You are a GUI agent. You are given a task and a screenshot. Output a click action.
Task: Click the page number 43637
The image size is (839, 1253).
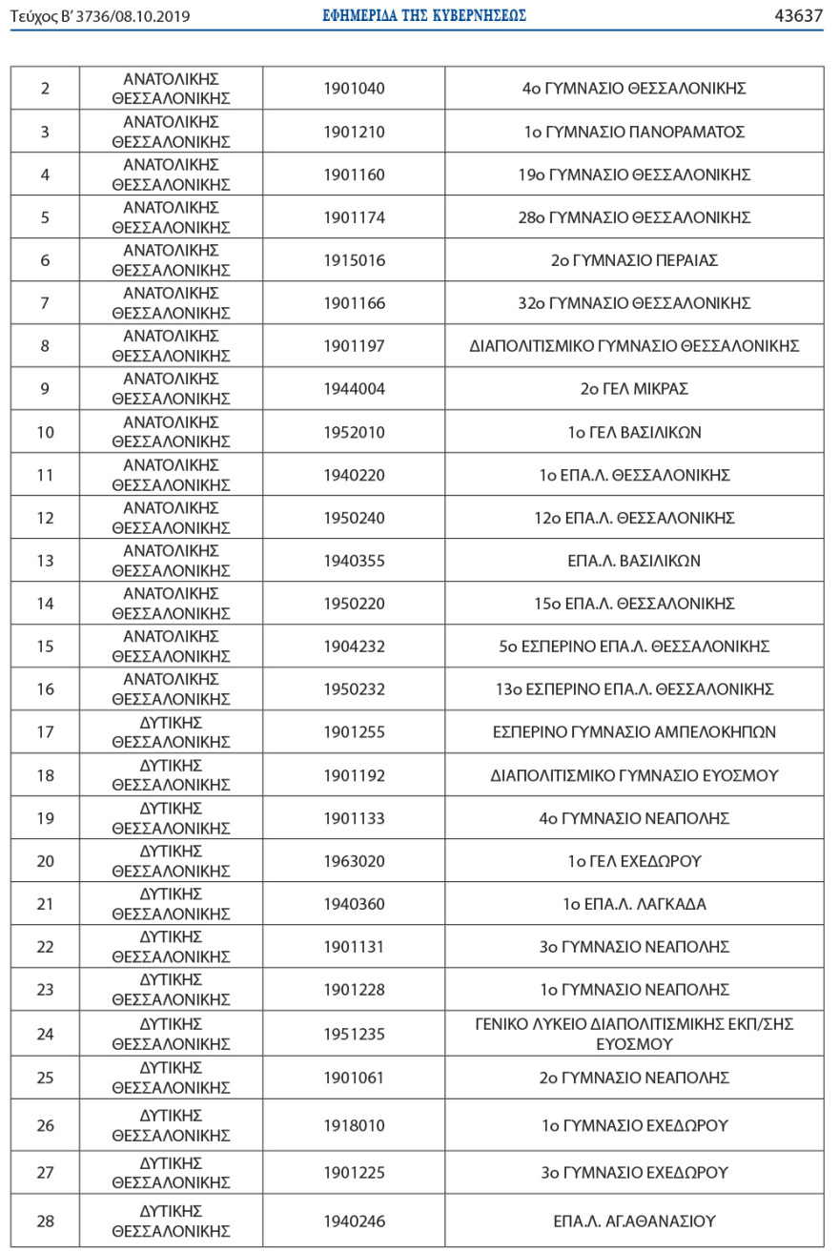click(x=799, y=15)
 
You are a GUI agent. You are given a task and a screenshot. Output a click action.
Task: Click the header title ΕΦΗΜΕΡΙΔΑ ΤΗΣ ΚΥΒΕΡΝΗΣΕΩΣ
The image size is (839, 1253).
click(x=425, y=15)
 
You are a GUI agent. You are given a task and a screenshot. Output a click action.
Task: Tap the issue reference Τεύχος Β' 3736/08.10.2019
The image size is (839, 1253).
click(x=101, y=16)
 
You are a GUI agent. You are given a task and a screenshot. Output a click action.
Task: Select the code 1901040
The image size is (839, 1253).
click(x=354, y=89)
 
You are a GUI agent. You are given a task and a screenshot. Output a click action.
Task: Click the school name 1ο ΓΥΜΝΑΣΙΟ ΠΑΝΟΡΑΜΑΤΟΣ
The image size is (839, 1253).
click(x=634, y=132)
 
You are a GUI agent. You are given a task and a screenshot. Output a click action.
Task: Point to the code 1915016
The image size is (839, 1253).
click(x=354, y=260)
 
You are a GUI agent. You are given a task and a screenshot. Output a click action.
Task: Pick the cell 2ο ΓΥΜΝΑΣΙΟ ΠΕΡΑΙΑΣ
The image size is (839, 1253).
click(x=634, y=260)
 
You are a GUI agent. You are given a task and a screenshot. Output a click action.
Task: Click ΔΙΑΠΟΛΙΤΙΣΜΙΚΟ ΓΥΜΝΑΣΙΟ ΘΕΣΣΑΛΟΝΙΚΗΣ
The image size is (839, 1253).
click(x=634, y=346)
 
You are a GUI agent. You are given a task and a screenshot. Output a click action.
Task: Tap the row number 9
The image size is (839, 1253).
click(x=45, y=389)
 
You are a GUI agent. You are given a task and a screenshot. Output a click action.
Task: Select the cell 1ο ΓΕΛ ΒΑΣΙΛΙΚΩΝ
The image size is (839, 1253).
click(x=634, y=432)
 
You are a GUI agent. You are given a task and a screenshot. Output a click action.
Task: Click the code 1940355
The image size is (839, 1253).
click(x=354, y=561)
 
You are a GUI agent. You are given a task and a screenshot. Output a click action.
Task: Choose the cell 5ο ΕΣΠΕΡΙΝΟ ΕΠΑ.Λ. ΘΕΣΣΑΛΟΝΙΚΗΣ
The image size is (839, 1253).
click(x=634, y=647)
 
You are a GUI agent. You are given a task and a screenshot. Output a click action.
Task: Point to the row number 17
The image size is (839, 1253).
click(x=45, y=732)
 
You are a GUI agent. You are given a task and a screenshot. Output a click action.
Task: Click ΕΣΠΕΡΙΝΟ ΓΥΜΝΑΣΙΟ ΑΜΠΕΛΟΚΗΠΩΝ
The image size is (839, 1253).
click(x=634, y=732)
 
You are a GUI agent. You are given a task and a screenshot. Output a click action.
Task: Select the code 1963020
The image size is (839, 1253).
click(x=354, y=861)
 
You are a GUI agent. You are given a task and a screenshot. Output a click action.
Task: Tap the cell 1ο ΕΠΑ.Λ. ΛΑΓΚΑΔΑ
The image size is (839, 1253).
click(x=634, y=904)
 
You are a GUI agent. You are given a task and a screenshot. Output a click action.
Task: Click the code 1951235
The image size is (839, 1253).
click(x=354, y=1034)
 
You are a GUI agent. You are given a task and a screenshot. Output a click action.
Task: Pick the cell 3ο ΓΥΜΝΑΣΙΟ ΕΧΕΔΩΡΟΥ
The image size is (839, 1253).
click(x=634, y=1172)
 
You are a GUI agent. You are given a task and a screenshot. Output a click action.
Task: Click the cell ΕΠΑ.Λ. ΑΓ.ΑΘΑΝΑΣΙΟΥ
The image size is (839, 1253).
click(x=634, y=1222)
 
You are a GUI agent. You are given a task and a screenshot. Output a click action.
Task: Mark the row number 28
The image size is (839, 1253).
click(x=45, y=1222)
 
